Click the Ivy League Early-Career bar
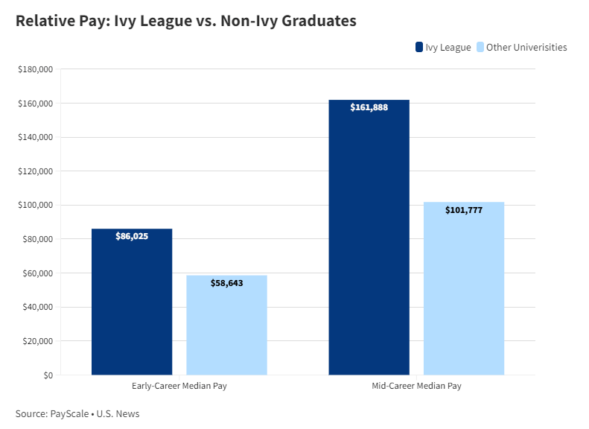132,305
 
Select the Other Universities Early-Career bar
226,328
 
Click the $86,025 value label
132,236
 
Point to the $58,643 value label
226,283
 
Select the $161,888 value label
369,107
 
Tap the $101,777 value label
464,210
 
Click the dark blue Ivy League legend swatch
419,48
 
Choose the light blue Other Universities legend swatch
480,48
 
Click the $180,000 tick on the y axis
35,69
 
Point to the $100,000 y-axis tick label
35,205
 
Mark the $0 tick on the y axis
47,375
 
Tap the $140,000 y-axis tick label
35,137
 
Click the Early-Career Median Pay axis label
179,387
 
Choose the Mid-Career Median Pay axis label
416,387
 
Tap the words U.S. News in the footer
118,414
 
